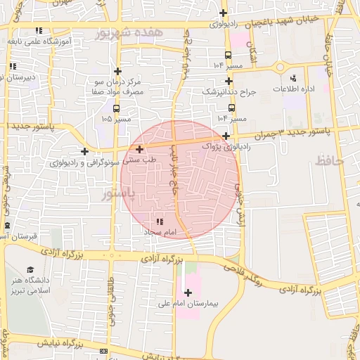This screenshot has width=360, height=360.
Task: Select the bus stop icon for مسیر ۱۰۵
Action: tap(117, 108)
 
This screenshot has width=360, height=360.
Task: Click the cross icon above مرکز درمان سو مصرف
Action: tap(117, 71)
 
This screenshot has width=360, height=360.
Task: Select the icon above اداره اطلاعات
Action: tap(293, 78)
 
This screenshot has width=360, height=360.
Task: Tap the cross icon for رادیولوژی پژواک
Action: tap(226, 135)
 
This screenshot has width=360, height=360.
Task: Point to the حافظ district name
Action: tap(328, 161)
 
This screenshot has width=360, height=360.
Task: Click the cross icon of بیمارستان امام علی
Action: tap(187, 292)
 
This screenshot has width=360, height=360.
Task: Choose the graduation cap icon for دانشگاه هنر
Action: tap(30, 270)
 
